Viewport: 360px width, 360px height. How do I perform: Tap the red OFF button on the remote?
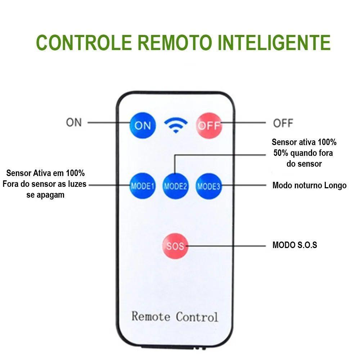click(209, 126)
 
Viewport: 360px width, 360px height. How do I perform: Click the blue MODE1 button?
click(143, 186)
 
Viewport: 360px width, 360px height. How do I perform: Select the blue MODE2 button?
click(176, 186)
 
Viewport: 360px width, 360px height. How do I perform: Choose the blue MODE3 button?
click(209, 186)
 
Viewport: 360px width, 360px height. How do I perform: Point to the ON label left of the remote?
click(74, 122)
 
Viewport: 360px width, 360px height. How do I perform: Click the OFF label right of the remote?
click(283, 123)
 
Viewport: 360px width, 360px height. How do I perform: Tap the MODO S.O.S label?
click(294, 246)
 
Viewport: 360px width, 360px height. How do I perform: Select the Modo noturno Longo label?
click(309, 185)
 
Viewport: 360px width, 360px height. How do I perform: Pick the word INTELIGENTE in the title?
click(274, 42)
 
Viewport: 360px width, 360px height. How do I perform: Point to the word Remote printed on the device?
click(151, 316)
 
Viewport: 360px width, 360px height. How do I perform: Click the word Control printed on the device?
click(197, 316)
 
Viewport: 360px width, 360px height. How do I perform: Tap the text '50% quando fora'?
click(303, 153)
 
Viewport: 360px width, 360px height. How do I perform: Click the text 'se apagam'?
click(45, 195)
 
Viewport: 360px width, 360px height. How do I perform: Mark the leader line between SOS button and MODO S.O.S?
click(227, 246)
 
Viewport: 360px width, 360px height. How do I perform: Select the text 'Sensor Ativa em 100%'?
click(45, 173)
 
